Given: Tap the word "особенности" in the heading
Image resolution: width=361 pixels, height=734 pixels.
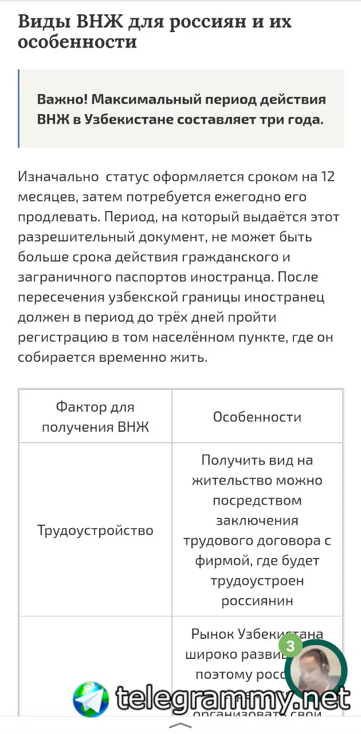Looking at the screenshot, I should [x=77, y=42].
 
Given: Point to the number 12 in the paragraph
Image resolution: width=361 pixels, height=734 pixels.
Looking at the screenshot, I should [x=328, y=177].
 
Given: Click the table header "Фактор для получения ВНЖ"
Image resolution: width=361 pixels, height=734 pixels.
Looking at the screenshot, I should [x=95, y=417].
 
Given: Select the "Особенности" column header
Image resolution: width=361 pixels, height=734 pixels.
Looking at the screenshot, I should [x=257, y=417].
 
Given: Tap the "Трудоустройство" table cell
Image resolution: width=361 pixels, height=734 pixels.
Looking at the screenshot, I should [x=95, y=530].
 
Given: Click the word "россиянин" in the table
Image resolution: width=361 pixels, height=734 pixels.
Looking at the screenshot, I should [x=257, y=601].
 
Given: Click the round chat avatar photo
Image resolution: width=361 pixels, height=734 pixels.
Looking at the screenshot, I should [x=316, y=671].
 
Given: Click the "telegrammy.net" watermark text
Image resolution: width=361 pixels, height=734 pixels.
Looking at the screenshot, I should [x=232, y=698].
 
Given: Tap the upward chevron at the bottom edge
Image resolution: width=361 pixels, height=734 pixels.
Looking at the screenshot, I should [x=181, y=725].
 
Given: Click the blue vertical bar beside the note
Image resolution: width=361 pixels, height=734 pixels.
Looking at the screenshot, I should [x=19, y=109].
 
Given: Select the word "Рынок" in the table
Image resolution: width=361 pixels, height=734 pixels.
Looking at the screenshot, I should [x=213, y=635].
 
